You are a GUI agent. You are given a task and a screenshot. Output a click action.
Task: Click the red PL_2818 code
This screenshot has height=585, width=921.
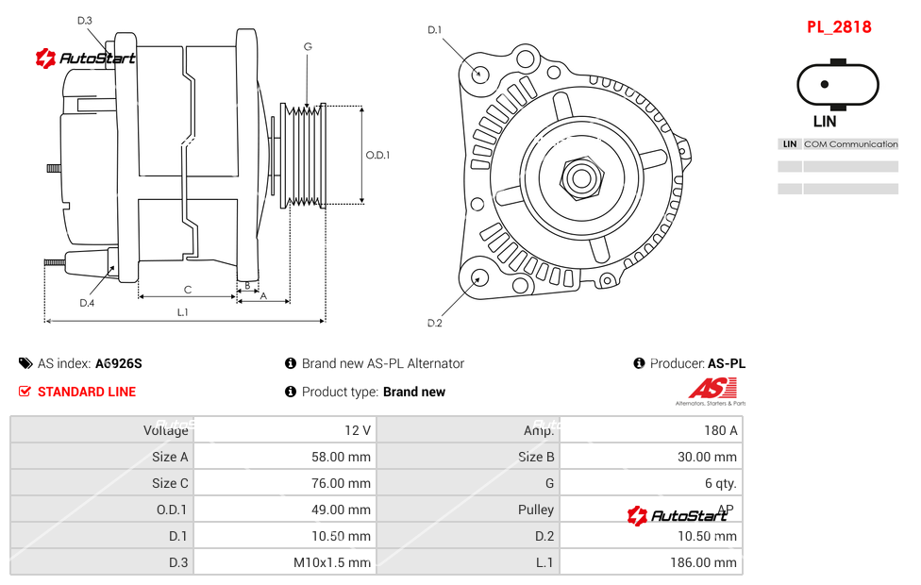tap(838, 27)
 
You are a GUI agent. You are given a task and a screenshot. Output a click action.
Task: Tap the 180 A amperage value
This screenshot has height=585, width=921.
tap(720, 430)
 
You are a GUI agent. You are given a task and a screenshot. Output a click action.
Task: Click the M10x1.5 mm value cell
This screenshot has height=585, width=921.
tap(331, 562)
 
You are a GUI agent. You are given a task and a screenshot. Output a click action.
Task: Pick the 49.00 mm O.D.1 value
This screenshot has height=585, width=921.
tap(343, 510)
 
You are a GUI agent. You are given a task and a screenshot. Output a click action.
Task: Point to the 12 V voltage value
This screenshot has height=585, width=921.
tap(357, 430)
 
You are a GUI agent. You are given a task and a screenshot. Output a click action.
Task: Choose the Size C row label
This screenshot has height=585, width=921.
tap(170, 483)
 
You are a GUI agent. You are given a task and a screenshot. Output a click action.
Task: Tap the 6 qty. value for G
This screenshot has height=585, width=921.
tap(720, 483)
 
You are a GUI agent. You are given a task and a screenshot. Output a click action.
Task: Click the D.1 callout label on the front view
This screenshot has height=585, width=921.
tap(434, 30)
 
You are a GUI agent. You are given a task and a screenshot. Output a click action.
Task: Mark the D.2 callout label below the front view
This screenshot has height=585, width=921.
tap(434, 323)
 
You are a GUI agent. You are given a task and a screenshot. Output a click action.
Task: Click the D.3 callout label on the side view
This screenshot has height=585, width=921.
tap(85, 21)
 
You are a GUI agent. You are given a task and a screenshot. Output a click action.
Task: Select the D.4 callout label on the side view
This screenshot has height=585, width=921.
tap(87, 302)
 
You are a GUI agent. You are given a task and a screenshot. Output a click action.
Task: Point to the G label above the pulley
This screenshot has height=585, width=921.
tap(308, 46)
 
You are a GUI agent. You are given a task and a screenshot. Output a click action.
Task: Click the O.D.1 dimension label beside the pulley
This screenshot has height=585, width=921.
tap(377, 156)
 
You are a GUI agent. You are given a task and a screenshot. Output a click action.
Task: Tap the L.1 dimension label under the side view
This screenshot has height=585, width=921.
tap(183, 311)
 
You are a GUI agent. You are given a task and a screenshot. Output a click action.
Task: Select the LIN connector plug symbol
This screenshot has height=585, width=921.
tap(824, 85)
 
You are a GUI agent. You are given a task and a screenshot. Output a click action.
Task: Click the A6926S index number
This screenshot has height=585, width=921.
tap(118, 363)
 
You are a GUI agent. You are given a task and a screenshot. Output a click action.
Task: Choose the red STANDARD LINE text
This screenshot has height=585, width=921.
tap(87, 392)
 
